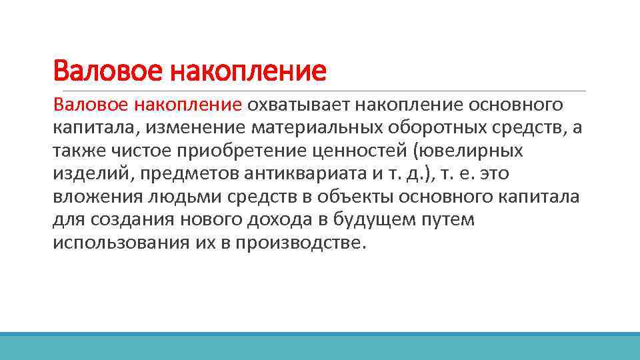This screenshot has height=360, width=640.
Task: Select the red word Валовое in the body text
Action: (91, 105)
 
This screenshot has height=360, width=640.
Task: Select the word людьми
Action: (167, 197)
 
